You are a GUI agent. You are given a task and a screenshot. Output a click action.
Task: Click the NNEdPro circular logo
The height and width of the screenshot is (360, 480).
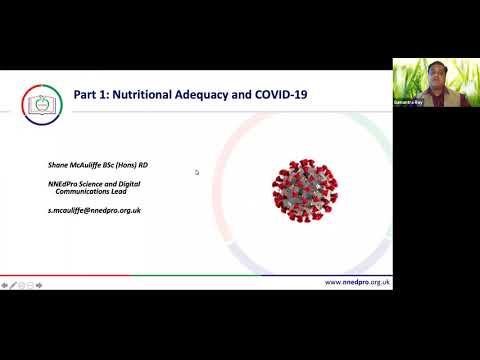[x=41, y=103]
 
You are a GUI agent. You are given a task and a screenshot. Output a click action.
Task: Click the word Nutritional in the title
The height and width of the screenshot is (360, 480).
[x=150, y=95]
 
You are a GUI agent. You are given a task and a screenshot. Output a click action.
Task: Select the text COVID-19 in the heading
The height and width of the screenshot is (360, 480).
[x=279, y=95]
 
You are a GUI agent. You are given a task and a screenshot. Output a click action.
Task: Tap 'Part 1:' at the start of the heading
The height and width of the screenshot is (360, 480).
[x=91, y=95]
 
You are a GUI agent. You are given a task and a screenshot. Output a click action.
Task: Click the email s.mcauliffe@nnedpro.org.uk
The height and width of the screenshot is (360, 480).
[x=94, y=210]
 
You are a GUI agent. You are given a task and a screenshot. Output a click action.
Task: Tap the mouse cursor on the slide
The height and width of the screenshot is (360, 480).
[x=197, y=172]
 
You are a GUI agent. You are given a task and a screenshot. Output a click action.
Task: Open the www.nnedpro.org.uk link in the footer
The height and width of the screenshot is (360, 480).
[x=357, y=283]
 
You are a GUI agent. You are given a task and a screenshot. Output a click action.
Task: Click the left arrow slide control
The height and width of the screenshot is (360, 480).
[x=5, y=285]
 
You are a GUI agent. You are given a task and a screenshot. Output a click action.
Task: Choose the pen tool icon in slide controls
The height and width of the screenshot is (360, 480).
[x=14, y=285]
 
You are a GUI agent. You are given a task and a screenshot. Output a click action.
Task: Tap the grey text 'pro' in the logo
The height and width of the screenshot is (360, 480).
[x=45, y=110]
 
